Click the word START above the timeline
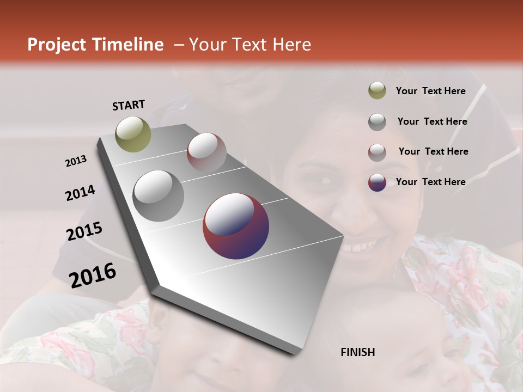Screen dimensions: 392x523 129,105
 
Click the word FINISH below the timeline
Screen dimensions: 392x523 358,352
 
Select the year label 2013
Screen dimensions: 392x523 76,161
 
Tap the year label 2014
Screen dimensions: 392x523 81,193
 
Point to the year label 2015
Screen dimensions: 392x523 84,232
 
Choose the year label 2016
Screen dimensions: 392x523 93,275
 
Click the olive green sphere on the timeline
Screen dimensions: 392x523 133,134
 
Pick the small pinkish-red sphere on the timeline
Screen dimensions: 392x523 206,152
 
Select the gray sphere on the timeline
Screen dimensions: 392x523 159,195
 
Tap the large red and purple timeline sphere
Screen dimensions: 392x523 236,226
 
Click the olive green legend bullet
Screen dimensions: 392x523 377,91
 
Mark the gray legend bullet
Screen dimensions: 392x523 377,122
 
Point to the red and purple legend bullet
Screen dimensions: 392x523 377,182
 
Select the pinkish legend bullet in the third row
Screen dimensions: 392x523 377,152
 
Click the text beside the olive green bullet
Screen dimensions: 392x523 430,91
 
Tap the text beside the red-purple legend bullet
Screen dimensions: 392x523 430,182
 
